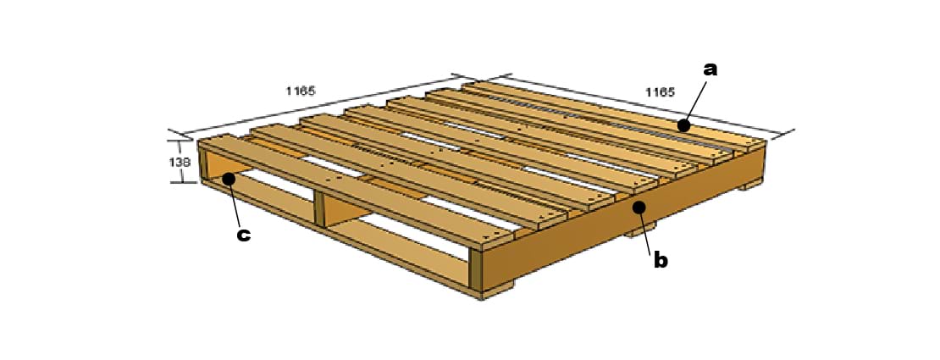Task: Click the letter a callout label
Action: (x=710, y=69)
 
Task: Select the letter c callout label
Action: (x=243, y=235)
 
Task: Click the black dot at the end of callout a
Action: (x=683, y=125)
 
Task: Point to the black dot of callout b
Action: (x=639, y=208)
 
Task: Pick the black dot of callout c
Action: (x=229, y=178)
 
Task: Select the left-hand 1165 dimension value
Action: (x=301, y=91)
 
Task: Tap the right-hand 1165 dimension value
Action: (x=660, y=92)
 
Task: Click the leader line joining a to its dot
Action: (x=694, y=101)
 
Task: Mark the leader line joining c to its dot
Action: (x=235, y=203)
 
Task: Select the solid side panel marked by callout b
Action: (x=624, y=217)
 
